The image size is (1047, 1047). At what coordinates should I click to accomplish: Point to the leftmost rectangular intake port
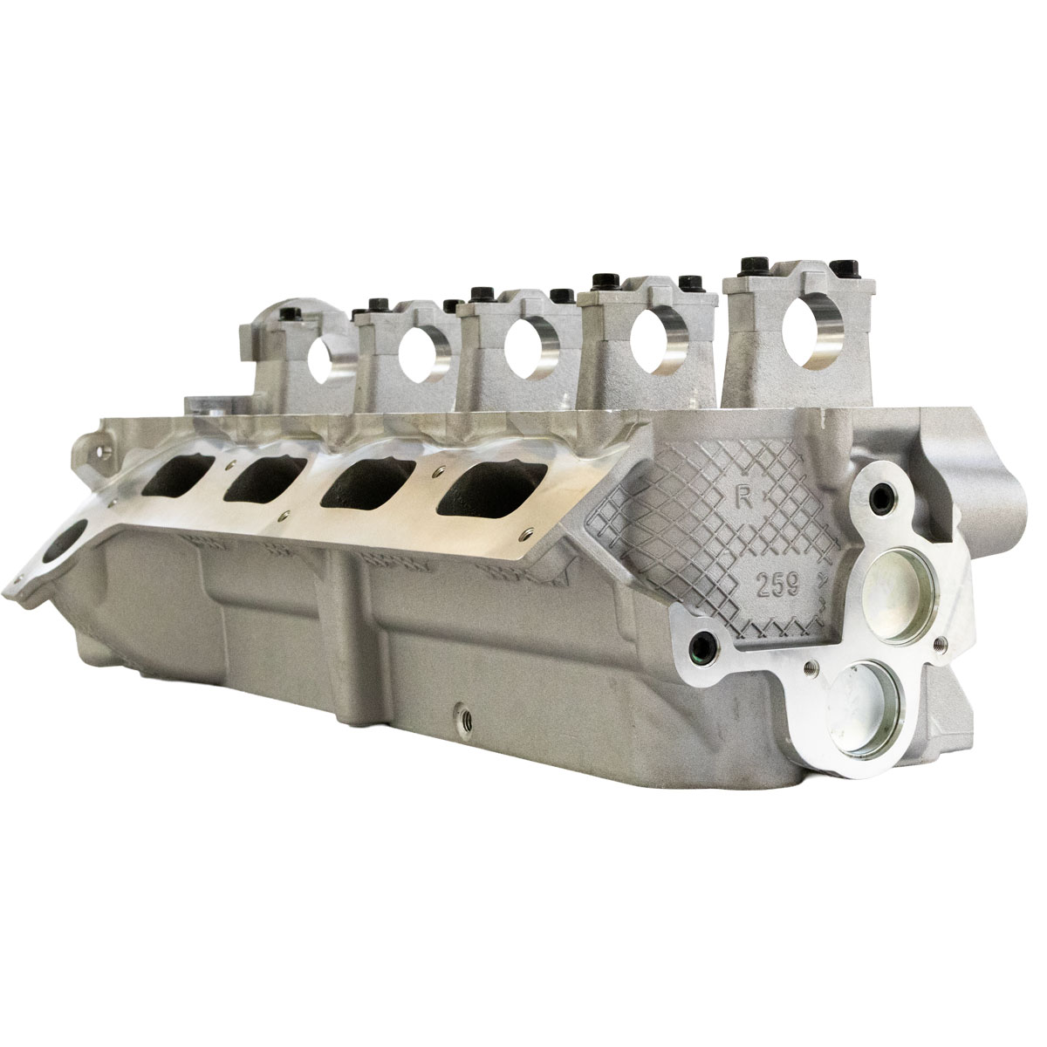pyautogui.click(x=167, y=479)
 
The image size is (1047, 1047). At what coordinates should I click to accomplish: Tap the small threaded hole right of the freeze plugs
pyautogui.click(x=938, y=644)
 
